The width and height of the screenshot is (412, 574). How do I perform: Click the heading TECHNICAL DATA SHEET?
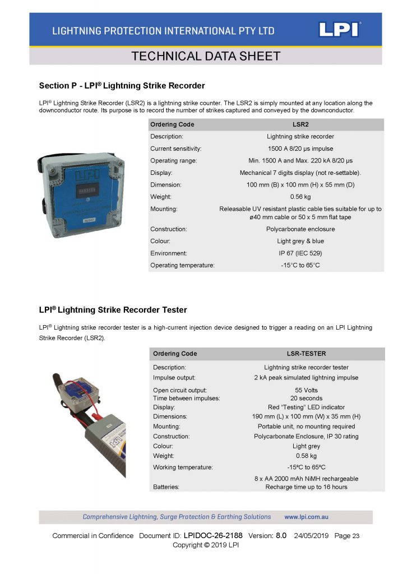205,56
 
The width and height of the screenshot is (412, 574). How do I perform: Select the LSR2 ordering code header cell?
300,124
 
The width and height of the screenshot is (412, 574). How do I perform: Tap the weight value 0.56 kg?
300,197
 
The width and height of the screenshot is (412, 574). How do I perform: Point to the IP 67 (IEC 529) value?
300,253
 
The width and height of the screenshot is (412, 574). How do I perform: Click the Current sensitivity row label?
175,149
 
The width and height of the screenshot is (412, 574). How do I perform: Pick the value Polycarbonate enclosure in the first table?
300,229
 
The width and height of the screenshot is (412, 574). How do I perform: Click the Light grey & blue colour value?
300,241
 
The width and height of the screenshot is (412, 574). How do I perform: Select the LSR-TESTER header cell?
303,354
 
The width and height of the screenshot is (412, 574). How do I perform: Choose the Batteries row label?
166,487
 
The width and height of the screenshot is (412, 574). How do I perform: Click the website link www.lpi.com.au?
307,517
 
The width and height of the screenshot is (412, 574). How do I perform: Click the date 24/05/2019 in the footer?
311,536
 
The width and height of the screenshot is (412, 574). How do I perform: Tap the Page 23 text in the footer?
347,536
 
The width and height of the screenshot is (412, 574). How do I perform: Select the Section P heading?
122,86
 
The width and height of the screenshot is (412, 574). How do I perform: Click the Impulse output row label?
174,378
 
